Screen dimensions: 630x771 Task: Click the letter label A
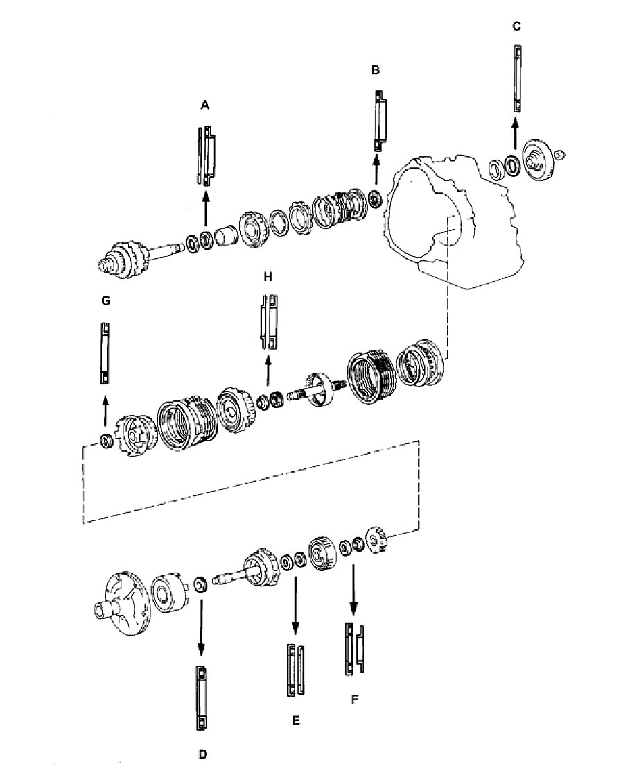click(205, 105)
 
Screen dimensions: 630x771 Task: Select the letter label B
click(376, 70)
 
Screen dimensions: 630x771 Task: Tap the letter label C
click(516, 26)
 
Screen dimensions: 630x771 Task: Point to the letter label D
click(203, 754)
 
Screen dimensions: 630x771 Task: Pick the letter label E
click(296, 721)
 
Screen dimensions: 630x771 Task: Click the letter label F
click(355, 700)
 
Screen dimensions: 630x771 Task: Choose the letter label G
click(105, 300)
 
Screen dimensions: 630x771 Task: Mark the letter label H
click(268, 277)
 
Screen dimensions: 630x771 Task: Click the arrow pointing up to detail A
click(205, 208)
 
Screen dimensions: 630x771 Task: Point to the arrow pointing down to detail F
click(353, 588)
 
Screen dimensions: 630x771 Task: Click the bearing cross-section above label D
click(201, 698)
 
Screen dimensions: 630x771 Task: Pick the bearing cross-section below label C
click(517, 78)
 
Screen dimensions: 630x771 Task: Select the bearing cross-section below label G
click(105, 353)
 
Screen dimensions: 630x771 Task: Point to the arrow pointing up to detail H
click(268, 371)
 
